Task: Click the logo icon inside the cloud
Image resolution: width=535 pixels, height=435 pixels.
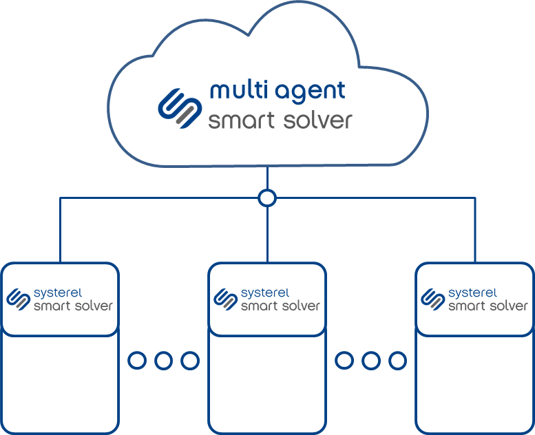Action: [x=179, y=107]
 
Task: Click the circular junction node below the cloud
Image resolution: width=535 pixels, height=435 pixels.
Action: [x=267, y=198]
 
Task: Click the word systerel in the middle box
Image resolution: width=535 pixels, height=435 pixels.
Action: [x=265, y=293]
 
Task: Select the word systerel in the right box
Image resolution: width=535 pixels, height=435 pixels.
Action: [x=472, y=293]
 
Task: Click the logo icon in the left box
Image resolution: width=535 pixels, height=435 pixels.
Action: [x=18, y=299]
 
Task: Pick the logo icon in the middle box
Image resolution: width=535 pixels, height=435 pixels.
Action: [x=225, y=299]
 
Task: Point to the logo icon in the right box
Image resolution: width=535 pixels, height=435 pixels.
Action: [x=432, y=299]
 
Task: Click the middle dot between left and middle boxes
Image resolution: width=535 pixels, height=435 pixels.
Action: [x=163, y=360]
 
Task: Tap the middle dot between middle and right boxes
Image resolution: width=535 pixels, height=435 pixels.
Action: [x=371, y=360]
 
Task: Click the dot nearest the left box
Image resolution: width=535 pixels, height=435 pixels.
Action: [x=137, y=360]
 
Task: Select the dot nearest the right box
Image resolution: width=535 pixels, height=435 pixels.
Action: [x=397, y=360]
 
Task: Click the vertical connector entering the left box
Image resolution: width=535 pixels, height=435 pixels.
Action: [x=60, y=231]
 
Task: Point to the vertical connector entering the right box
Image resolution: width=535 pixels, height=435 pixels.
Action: [x=475, y=231]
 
